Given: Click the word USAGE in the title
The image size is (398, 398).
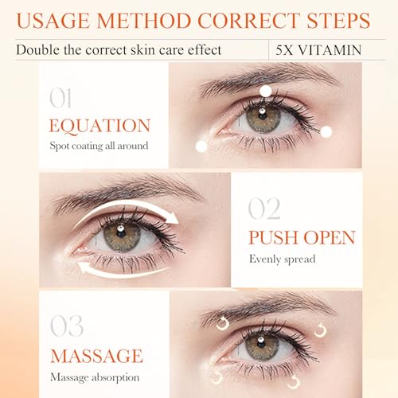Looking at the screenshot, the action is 53,21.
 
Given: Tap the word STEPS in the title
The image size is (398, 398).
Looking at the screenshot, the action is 338,21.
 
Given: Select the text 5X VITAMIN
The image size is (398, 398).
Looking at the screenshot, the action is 318,50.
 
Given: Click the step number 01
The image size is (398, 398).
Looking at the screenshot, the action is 60,98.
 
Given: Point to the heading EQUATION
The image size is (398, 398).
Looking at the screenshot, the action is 99,126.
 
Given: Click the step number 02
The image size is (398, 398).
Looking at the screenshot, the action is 264,209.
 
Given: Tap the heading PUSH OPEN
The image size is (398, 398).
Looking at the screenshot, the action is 302,237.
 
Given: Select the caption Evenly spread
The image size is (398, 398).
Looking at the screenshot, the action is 283,259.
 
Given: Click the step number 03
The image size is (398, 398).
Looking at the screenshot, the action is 67,326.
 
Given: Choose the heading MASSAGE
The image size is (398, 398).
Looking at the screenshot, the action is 96,356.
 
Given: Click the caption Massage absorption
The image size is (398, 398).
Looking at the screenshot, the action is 95,377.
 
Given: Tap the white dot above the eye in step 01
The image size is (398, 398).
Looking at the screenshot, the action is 266,91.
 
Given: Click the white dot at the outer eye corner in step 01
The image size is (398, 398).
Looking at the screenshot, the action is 326,132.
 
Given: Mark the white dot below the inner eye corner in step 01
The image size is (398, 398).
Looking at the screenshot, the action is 201,146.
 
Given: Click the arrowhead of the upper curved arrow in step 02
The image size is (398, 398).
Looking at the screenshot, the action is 173,218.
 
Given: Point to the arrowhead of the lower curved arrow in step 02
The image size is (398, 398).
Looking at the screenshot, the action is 83,267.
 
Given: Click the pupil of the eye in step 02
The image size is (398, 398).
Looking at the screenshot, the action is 121,233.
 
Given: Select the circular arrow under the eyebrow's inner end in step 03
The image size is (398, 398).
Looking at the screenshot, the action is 222,324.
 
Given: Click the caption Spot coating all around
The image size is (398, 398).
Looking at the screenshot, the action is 99,146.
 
